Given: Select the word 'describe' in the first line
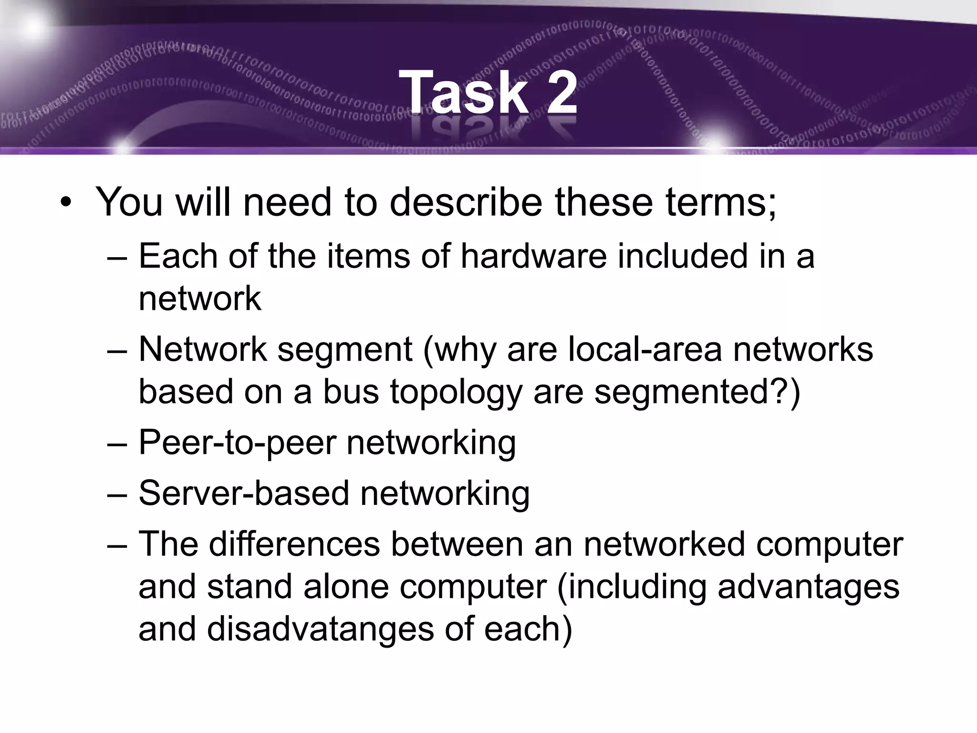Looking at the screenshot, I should (x=466, y=202).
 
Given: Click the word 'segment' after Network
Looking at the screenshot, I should (x=344, y=349).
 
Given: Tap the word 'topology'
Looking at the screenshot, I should (x=456, y=392).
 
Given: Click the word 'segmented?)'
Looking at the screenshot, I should (x=697, y=392).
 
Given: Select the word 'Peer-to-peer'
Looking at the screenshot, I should (x=237, y=443).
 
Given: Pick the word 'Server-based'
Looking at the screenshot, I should (x=244, y=493).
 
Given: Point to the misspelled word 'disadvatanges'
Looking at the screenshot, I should (x=320, y=629).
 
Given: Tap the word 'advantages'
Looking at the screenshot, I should (x=808, y=587).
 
